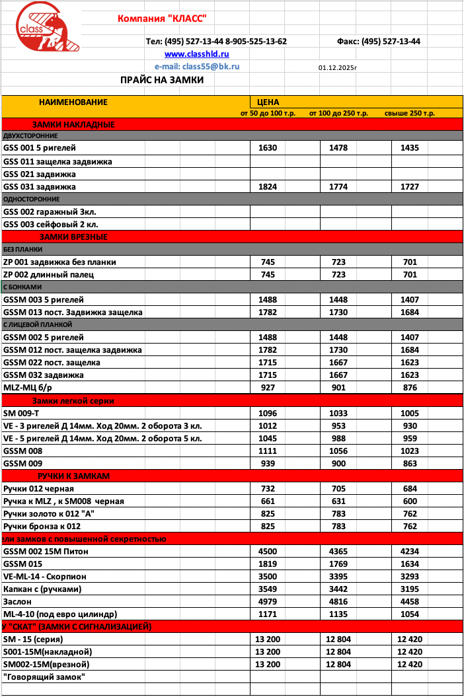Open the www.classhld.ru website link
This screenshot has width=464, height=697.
[x=196, y=54]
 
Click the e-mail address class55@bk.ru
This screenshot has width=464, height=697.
[x=197, y=67]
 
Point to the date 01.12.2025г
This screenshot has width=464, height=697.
[x=337, y=67]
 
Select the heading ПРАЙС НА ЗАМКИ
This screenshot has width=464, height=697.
[x=162, y=80]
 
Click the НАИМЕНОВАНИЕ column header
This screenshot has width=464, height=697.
[x=73, y=102]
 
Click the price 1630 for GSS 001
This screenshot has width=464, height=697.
[x=268, y=148]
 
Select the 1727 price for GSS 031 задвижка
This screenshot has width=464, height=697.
[x=410, y=187]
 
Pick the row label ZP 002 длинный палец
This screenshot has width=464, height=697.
[x=49, y=274]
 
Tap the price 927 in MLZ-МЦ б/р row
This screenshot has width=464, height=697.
[x=268, y=388]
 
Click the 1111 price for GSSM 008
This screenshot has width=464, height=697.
[x=268, y=451]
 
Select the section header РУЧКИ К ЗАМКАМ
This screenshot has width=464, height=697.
[x=74, y=476]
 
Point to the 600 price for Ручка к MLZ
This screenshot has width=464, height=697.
[x=410, y=501]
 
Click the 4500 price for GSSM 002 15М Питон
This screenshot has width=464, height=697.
[x=268, y=552]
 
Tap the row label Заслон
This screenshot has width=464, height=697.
[x=17, y=602]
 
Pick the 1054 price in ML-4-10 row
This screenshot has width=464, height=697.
[x=410, y=614]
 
